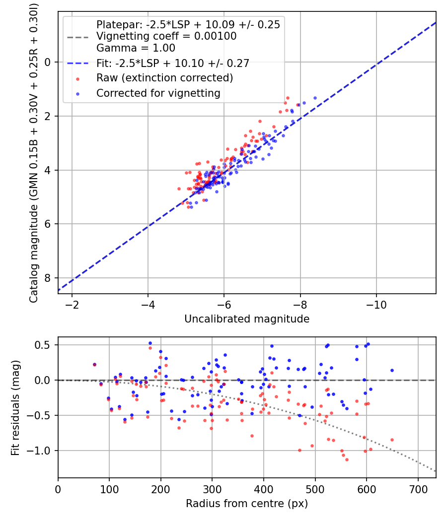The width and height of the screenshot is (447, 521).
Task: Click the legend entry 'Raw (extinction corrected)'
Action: pos(164,78)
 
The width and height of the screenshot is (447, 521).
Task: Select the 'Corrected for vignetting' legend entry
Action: pos(158,93)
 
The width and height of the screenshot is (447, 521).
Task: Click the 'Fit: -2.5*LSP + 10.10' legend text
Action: pos(172,63)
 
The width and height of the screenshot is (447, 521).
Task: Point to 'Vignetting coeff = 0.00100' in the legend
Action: pos(166,36)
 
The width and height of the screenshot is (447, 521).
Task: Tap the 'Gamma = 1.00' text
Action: pos(136,48)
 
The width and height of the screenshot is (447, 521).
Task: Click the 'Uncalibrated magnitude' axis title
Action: pos(247,319)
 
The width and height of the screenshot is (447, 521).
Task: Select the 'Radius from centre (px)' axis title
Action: pos(247,504)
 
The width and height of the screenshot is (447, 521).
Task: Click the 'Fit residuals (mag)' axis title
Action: pos(15,407)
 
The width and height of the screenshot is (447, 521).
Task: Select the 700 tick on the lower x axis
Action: pos(418,488)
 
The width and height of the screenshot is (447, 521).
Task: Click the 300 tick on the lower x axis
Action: pos(212,488)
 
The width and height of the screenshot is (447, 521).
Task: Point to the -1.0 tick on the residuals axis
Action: pos(42,451)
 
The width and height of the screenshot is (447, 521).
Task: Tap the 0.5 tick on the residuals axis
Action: pos(45,345)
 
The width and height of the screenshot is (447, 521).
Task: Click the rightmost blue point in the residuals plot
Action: pos(392,370)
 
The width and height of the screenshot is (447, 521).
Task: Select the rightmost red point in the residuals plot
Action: pos(392,440)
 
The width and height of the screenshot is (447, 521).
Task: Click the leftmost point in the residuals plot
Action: pos(94,365)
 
